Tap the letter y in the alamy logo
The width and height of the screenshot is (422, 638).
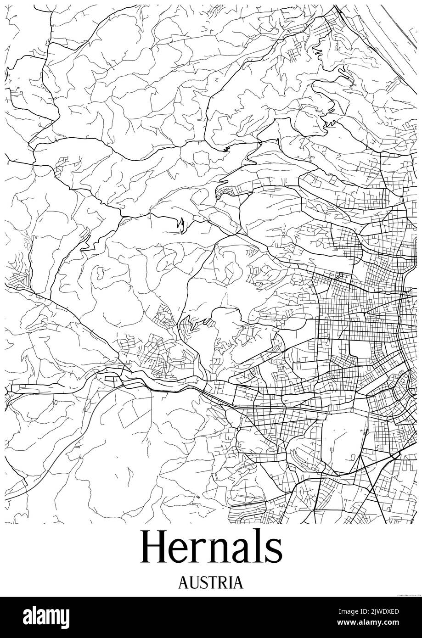[66, 617]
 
